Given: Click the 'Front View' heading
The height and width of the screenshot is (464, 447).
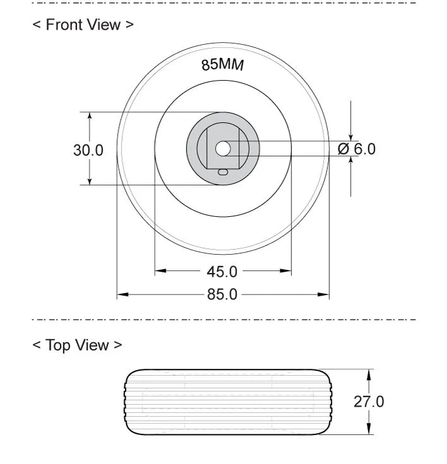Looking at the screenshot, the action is [83, 25].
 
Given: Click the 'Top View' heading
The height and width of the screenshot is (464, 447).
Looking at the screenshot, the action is [78, 345].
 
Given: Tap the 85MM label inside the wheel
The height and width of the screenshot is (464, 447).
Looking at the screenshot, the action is [223, 65].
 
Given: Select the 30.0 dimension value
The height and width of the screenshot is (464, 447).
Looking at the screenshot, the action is [88, 150].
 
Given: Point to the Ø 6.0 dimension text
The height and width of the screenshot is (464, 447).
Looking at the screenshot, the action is [356, 149].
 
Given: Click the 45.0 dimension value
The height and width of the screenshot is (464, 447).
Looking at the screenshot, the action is [222, 272].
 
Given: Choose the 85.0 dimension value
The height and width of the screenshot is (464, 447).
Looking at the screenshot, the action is [222, 294].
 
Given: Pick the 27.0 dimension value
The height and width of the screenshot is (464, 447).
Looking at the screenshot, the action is [369, 402].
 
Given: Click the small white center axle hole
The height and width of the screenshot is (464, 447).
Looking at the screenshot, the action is [223, 149].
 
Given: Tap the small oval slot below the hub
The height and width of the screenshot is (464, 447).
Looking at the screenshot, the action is [223, 172].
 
